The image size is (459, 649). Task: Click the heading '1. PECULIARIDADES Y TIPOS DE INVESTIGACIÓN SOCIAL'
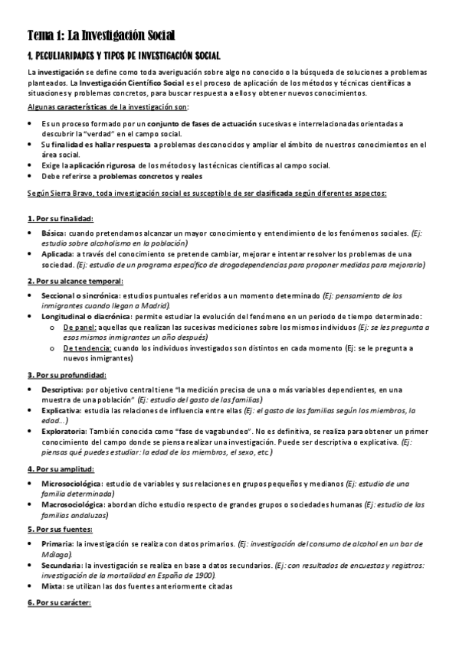pyautogui.click(x=123, y=56)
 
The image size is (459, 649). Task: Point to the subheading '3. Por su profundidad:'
pyautogui.click(x=66, y=375)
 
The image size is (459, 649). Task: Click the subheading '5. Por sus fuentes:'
pyautogui.click(x=60, y=529)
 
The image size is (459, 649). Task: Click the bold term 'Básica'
pyautogui.click(x=54, y=232)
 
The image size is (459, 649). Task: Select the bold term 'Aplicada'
pyautogui.click(x=57, y=253)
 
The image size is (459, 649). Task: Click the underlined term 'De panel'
pyautogui.click(x=79, y=327)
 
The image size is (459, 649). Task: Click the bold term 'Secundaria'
pyautogui.click(x=62, y=565)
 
